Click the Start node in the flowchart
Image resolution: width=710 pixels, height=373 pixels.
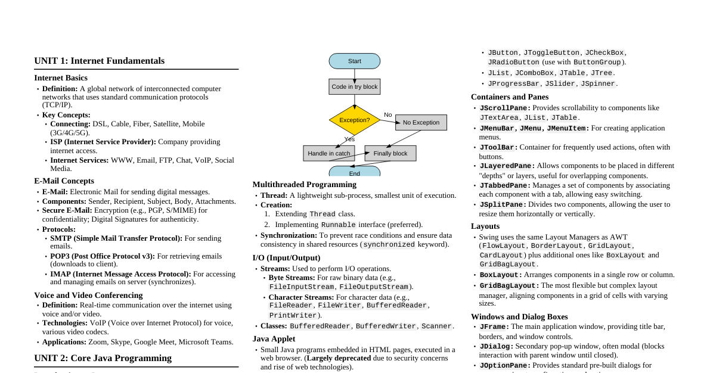(354, 61)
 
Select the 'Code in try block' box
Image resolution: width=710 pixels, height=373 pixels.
(354, 86)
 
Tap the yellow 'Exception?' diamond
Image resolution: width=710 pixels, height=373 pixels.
(354, 120)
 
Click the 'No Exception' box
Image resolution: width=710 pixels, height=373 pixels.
(421, 122)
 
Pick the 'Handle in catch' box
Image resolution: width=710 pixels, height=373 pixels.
(328, 153)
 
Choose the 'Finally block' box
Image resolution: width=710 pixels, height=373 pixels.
(390, 153)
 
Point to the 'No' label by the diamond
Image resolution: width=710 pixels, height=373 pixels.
(387, 114)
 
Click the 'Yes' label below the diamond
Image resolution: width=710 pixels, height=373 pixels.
(349, 139)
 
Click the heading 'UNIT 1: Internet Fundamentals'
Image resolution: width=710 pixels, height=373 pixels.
(99, 61)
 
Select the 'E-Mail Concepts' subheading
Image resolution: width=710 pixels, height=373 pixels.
(64, 181)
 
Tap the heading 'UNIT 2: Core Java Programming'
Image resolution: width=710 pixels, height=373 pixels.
(103, 358)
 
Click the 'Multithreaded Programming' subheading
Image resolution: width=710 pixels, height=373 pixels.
(304, 184)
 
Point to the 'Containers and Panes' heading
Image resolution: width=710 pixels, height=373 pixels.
(510, 97)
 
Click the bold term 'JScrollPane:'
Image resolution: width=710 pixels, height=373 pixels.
(505, 108)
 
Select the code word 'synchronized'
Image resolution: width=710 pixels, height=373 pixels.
(389, 244)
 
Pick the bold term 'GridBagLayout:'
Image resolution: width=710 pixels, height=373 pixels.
(501, 285)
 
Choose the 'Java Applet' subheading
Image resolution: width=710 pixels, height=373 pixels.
(274, 338)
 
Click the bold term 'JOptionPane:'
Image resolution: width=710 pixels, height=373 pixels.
(505, 365)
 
